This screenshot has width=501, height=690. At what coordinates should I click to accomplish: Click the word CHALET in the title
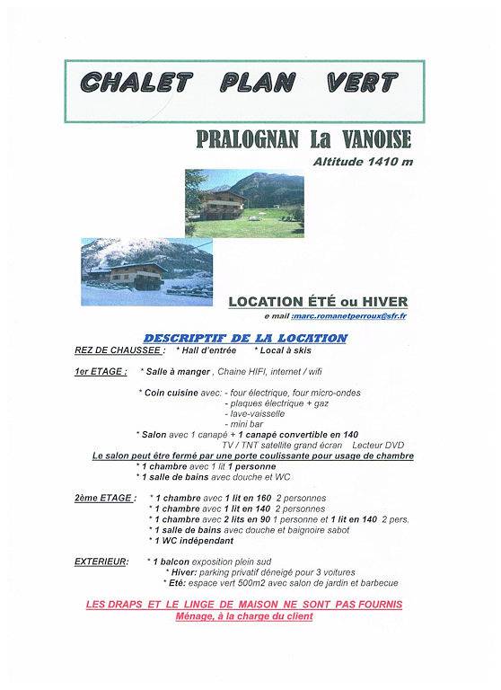pyautogui.click(x=136, y=82)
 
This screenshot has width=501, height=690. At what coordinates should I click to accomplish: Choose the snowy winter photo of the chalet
pyautogui.click(x=146, y=271)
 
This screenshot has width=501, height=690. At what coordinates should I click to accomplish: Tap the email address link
pyautogui.click(x=356, y=317)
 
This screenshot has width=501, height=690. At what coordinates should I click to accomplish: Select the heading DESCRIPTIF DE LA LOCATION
pyautogui.click(x=245, y=338)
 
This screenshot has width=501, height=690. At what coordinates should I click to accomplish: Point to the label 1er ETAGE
pyautogui.click(x=101, y=370)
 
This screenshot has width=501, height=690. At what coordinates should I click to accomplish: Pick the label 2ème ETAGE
pyautogui.click(x=105, y=497)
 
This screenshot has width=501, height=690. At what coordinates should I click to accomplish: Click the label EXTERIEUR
pyautogui.click(x=101, y=561)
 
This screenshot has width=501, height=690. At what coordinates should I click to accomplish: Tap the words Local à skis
pyautogui.click(x=289, y=350)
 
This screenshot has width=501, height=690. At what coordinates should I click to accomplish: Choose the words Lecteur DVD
pyautogui.click(x=380, y=444)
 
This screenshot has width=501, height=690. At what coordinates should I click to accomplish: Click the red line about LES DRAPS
pyautogui.click(x=244, y=605)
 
